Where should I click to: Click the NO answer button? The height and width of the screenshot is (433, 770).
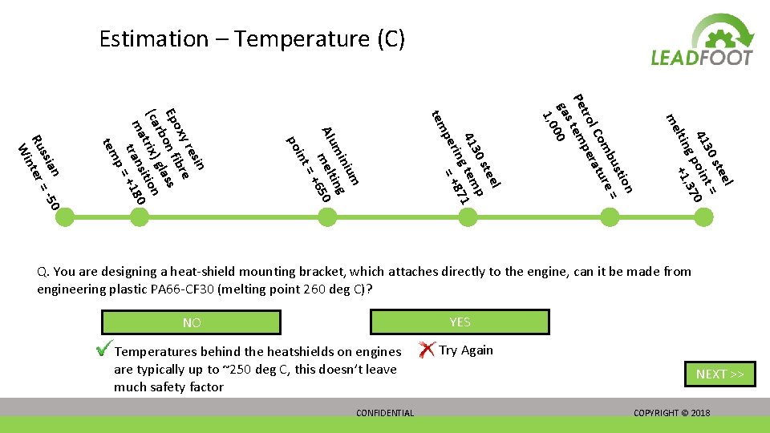192,322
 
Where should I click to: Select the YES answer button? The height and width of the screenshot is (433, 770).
460,322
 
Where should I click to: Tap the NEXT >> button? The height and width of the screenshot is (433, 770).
719,374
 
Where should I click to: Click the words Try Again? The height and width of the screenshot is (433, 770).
466,350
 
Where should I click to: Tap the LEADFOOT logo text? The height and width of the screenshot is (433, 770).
702,58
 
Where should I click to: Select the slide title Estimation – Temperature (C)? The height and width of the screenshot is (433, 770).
252,38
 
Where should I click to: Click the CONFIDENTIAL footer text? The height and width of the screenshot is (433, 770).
385,413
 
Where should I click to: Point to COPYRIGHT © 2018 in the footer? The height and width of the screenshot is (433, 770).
671,413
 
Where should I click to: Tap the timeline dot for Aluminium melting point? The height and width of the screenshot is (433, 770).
327,216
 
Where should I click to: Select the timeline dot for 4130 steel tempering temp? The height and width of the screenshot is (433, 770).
464,216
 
